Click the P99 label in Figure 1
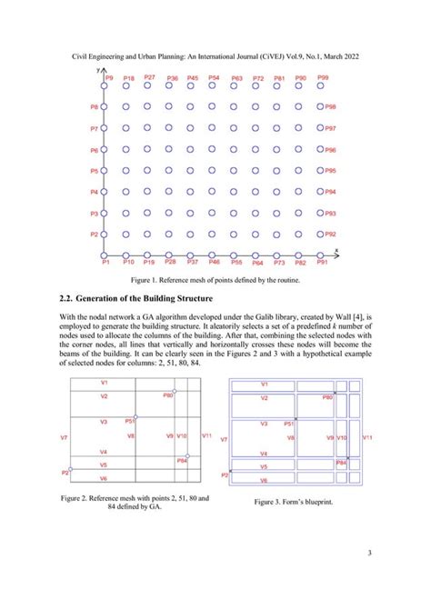click(x=324, y=79)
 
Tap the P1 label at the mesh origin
click(x=105, y=263)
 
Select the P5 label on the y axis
click(x=94, y=171)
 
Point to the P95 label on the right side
click(x=331, y=171)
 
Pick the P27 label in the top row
click(x=149, y=77)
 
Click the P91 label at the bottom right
click(x=323, y=262)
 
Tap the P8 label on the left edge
click(x=94, y=107)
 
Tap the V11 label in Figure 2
click(x=206, y=436)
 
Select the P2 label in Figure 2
click(x=65, y=472)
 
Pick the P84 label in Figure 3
click(x=341, y=463)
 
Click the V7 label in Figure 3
click(x=225, y=439)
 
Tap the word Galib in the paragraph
click(x=266, y=314)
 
